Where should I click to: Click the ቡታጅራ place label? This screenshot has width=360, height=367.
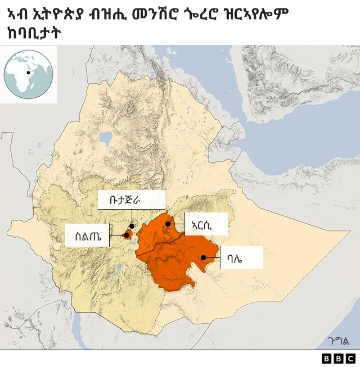(x=131, y=200)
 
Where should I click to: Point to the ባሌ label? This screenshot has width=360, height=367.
(x=241, y=258)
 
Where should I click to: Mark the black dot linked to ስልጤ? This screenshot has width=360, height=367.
(x=127, y=235)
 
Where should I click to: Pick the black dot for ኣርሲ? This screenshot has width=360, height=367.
(x=168, y=224)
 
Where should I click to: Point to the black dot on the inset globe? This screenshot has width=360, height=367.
(x=28, y=73)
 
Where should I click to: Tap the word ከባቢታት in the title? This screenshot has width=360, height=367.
(x=35, y=33)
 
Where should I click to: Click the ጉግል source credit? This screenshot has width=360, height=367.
(x=339, y=341)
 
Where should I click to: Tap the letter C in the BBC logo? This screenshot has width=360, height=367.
(x=350, y=359)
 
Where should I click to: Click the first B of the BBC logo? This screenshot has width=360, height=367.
(x=327, y=359)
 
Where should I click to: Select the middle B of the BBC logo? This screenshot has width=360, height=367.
(x=338, y=359)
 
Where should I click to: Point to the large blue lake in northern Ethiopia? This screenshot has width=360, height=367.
(x=105, y=137)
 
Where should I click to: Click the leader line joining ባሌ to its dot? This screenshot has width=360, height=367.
(x=211, y=258)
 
